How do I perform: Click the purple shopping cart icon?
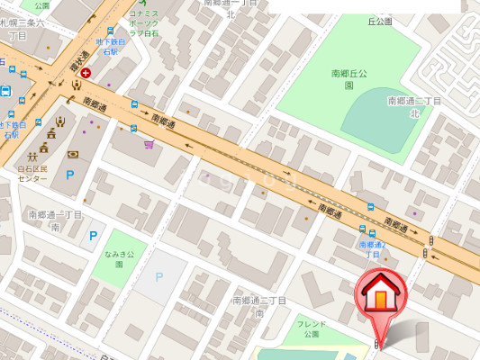point(148,143)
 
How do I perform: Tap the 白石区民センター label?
point(32,174)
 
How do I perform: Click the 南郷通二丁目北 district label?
point(414,107)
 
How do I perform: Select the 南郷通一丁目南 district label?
point(54,220)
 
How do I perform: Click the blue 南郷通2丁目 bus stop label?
point(372,249)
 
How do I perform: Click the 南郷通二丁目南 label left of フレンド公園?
point(258,306)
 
